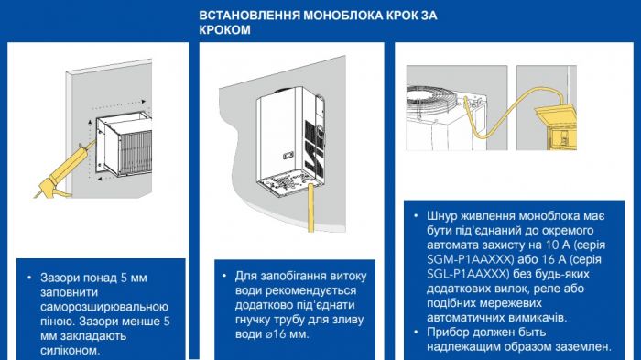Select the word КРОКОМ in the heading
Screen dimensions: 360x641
point(223,30)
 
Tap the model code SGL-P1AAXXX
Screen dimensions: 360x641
point(475,275)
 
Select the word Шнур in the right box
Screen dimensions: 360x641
point(443,216)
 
